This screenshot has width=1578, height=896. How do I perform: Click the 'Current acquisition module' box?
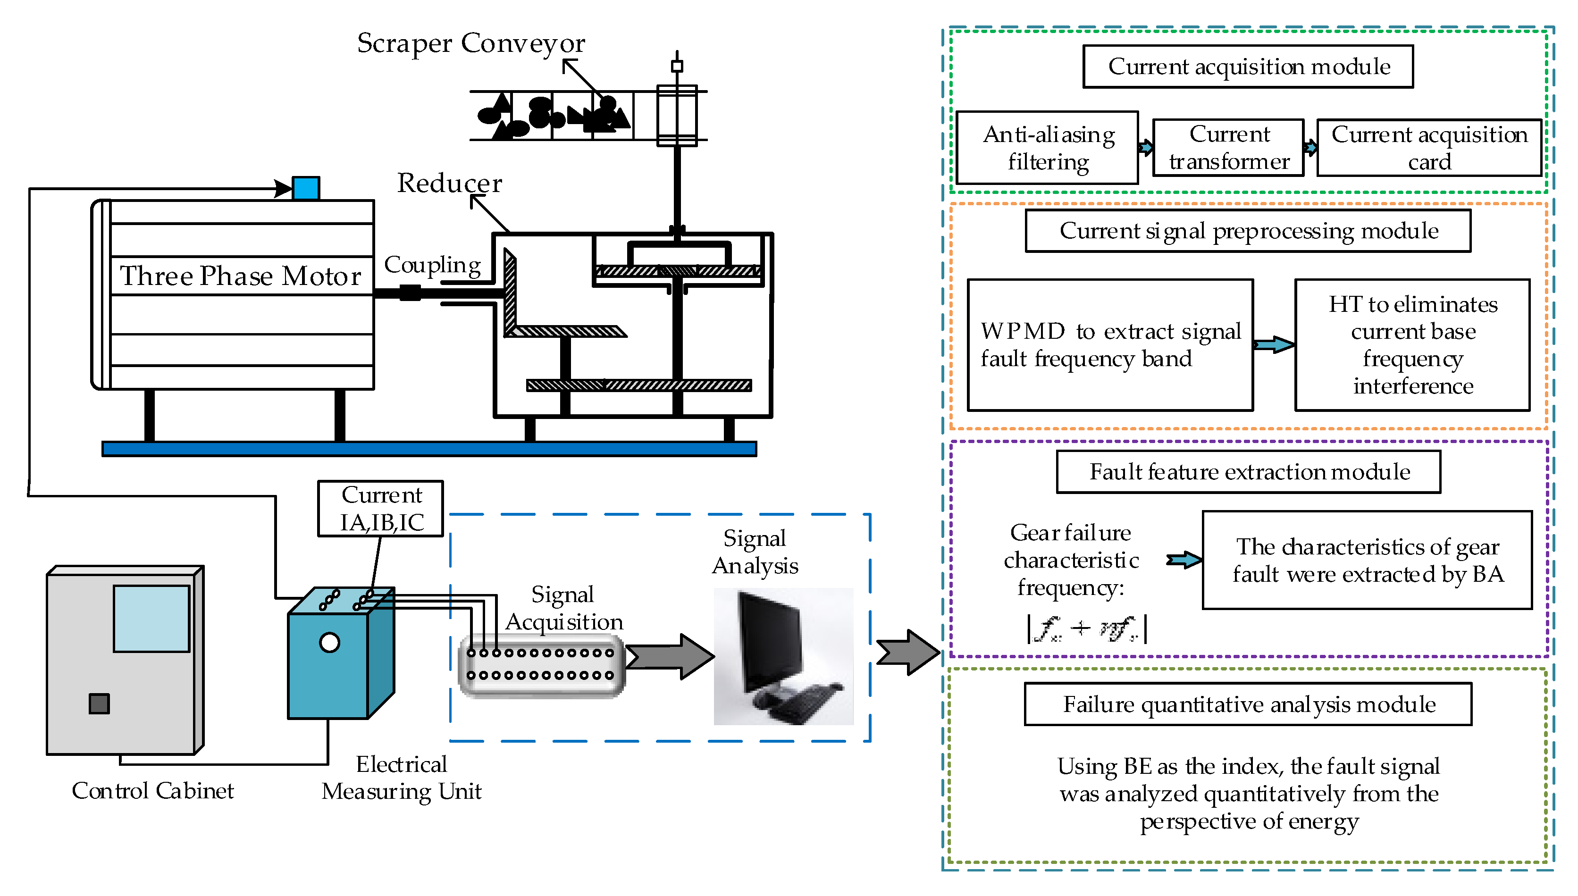click(x=1248, y=67)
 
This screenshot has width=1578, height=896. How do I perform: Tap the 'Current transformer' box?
click(x=1228, y=148)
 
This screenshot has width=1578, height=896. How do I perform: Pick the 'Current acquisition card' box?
click(x=1428, y=148)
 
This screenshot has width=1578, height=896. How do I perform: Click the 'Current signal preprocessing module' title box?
click(x=1248, y=231)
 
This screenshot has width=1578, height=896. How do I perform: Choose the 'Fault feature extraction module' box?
click(x=1248, y=472)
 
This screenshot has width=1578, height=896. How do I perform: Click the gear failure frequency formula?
click(x=1086, y=629)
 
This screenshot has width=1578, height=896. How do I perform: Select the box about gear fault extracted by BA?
click(x=1367, y=560)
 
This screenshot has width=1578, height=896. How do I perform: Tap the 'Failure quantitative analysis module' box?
click(x=1248, y=704)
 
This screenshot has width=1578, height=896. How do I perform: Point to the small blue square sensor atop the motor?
click(x=306, y=188)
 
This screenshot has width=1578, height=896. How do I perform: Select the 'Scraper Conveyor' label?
click(x=471, y=43)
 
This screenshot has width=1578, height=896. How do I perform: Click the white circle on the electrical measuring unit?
click(x=330, y=643)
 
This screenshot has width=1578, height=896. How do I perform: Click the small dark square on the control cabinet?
click(x=99, y=703)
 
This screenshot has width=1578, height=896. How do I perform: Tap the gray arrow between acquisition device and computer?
click(x=671, y=657)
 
